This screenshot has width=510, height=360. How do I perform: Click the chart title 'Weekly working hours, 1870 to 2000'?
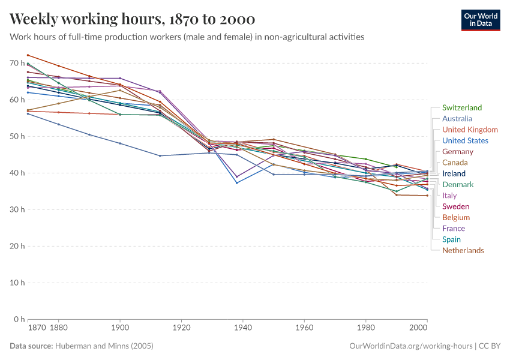coord(132,19)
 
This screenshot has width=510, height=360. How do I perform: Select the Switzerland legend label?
coord(461,108)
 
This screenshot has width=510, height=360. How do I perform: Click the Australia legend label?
coord(457,119)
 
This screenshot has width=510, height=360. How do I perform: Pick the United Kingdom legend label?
coord(470,130)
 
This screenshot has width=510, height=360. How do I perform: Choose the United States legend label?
coord(465,141)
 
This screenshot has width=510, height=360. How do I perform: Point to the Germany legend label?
coord(458,152)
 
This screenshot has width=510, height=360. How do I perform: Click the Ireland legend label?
coord(454,173)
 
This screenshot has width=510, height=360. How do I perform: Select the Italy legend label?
coord(449,196)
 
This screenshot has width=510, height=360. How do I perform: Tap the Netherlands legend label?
coord(463,250)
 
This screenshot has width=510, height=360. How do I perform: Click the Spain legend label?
coord(451,239)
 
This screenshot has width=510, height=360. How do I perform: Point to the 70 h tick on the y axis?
coord(16,63)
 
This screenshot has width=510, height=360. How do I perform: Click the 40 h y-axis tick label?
coord(16,173)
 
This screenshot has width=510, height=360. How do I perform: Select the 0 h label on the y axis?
coord(18,319)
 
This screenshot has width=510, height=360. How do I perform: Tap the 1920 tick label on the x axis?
coord(181,329)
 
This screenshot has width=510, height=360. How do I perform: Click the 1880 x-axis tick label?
coord(58,329)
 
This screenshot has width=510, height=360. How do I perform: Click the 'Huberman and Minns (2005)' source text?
coord(104,346)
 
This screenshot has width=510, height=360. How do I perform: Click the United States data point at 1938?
coord(237,182)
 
